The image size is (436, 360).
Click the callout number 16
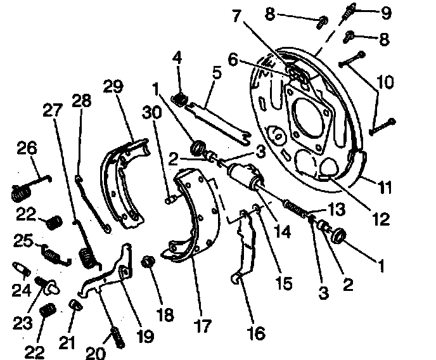pyautogui.click(x=256, y=333)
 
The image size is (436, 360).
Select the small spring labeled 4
pyautogui.click(x=180, y=99)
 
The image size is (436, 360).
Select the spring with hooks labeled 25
pyautogui.click(x=51, y=252)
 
